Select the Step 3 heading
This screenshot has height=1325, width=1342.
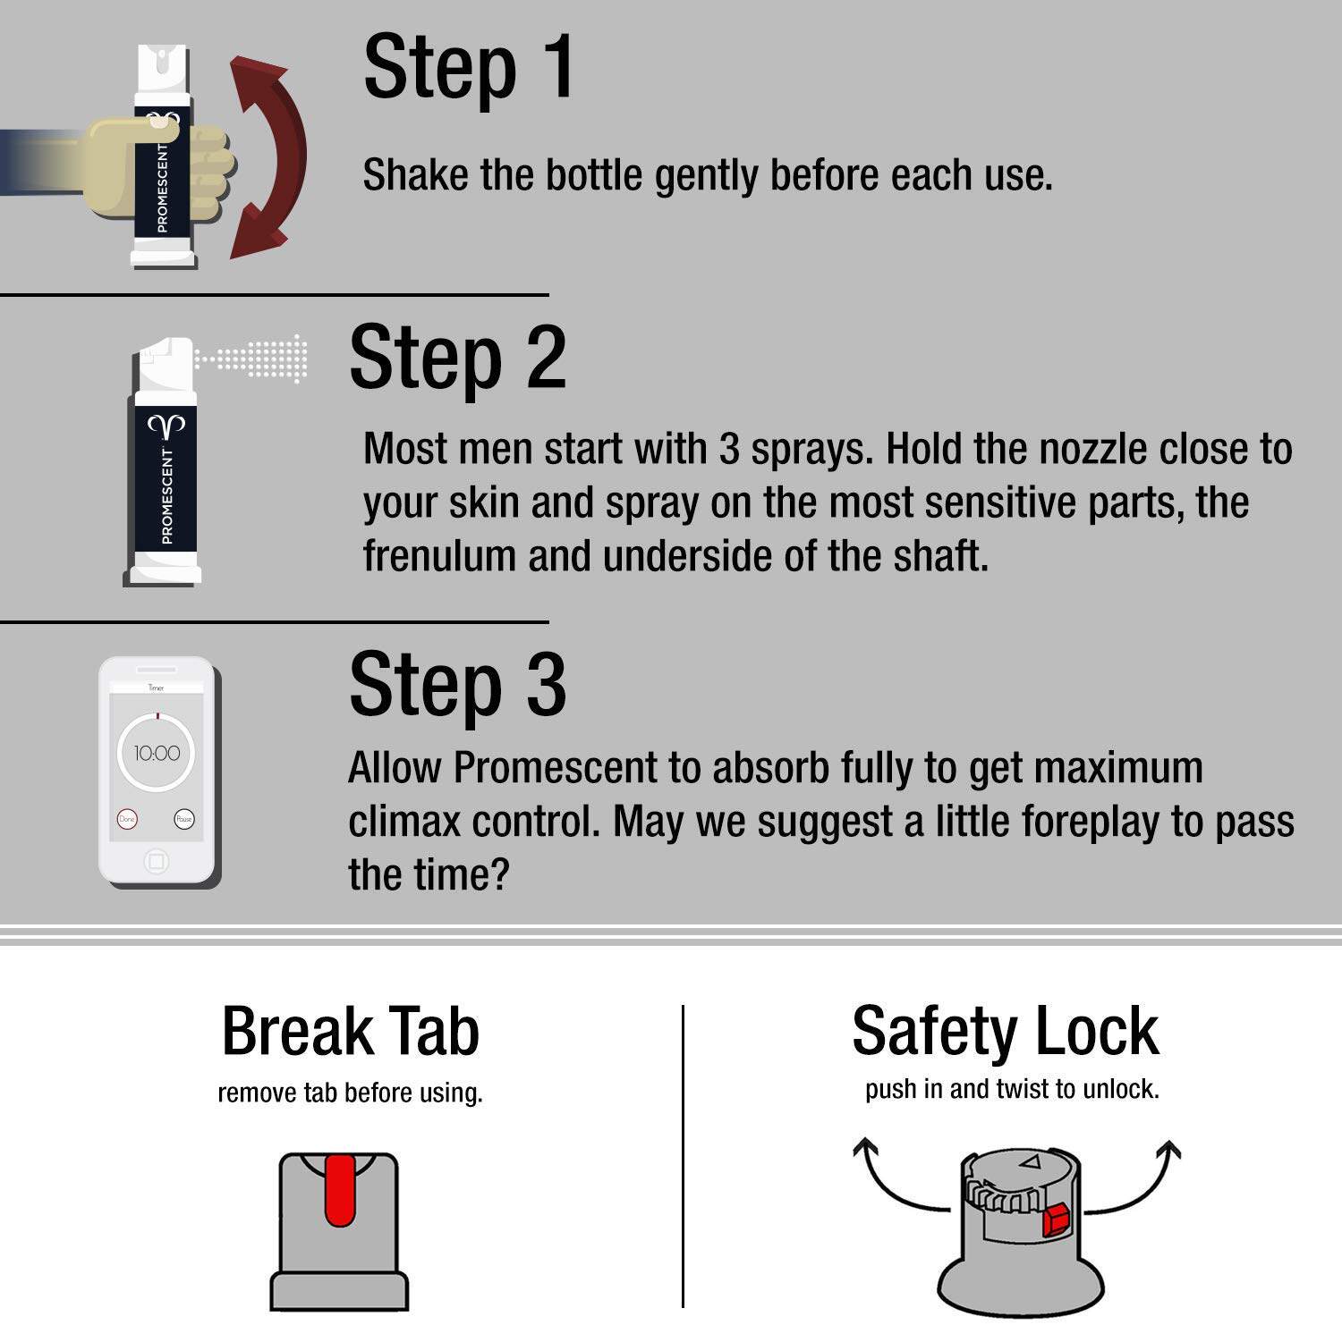pyautogui.click(x=457, y=685)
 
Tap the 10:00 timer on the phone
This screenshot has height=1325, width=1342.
pyautogui.click(x=157, y=754)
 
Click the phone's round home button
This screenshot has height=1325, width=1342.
pyautogui.click(x=157, y=862)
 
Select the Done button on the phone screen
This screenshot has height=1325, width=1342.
pyautogui.click(x=127, y=819)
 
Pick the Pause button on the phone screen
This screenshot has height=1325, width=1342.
pyautogui.click(x=184, y=819)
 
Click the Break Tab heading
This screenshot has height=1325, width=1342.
pyautogui.click(x=351, y=1032)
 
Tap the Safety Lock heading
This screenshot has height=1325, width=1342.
pyautogui.click(x=1006, y=1032)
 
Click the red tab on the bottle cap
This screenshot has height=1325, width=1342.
pyautogui.click(x=340, y=1189)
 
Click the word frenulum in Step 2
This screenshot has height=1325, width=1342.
pyautogui.click(x=438, y=556)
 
